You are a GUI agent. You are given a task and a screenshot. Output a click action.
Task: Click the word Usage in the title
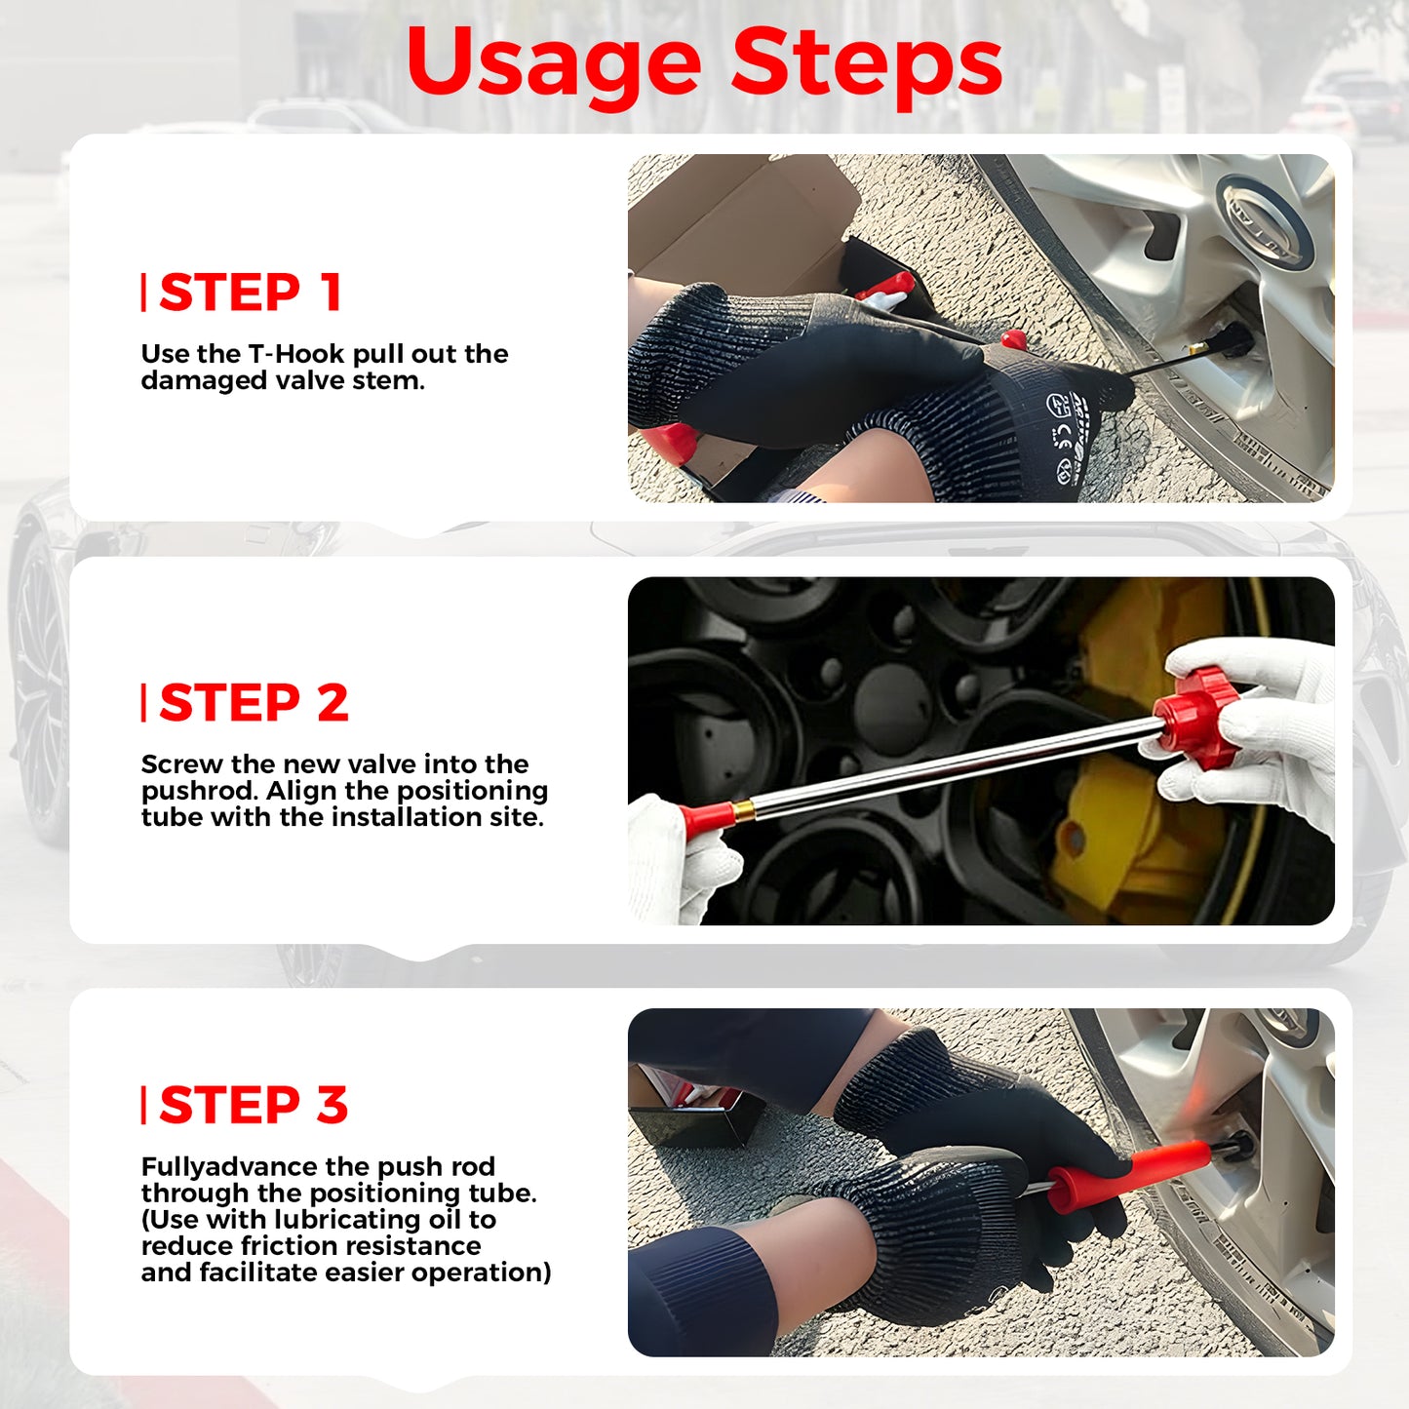click(554, 66)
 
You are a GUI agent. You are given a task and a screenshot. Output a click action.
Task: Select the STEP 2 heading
click(254, 703)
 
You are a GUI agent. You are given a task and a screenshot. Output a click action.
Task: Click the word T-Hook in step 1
click(296, 354)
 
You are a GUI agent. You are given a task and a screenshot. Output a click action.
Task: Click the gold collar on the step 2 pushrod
click(744, 808)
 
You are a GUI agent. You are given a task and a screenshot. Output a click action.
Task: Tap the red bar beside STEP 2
click(143, 703)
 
